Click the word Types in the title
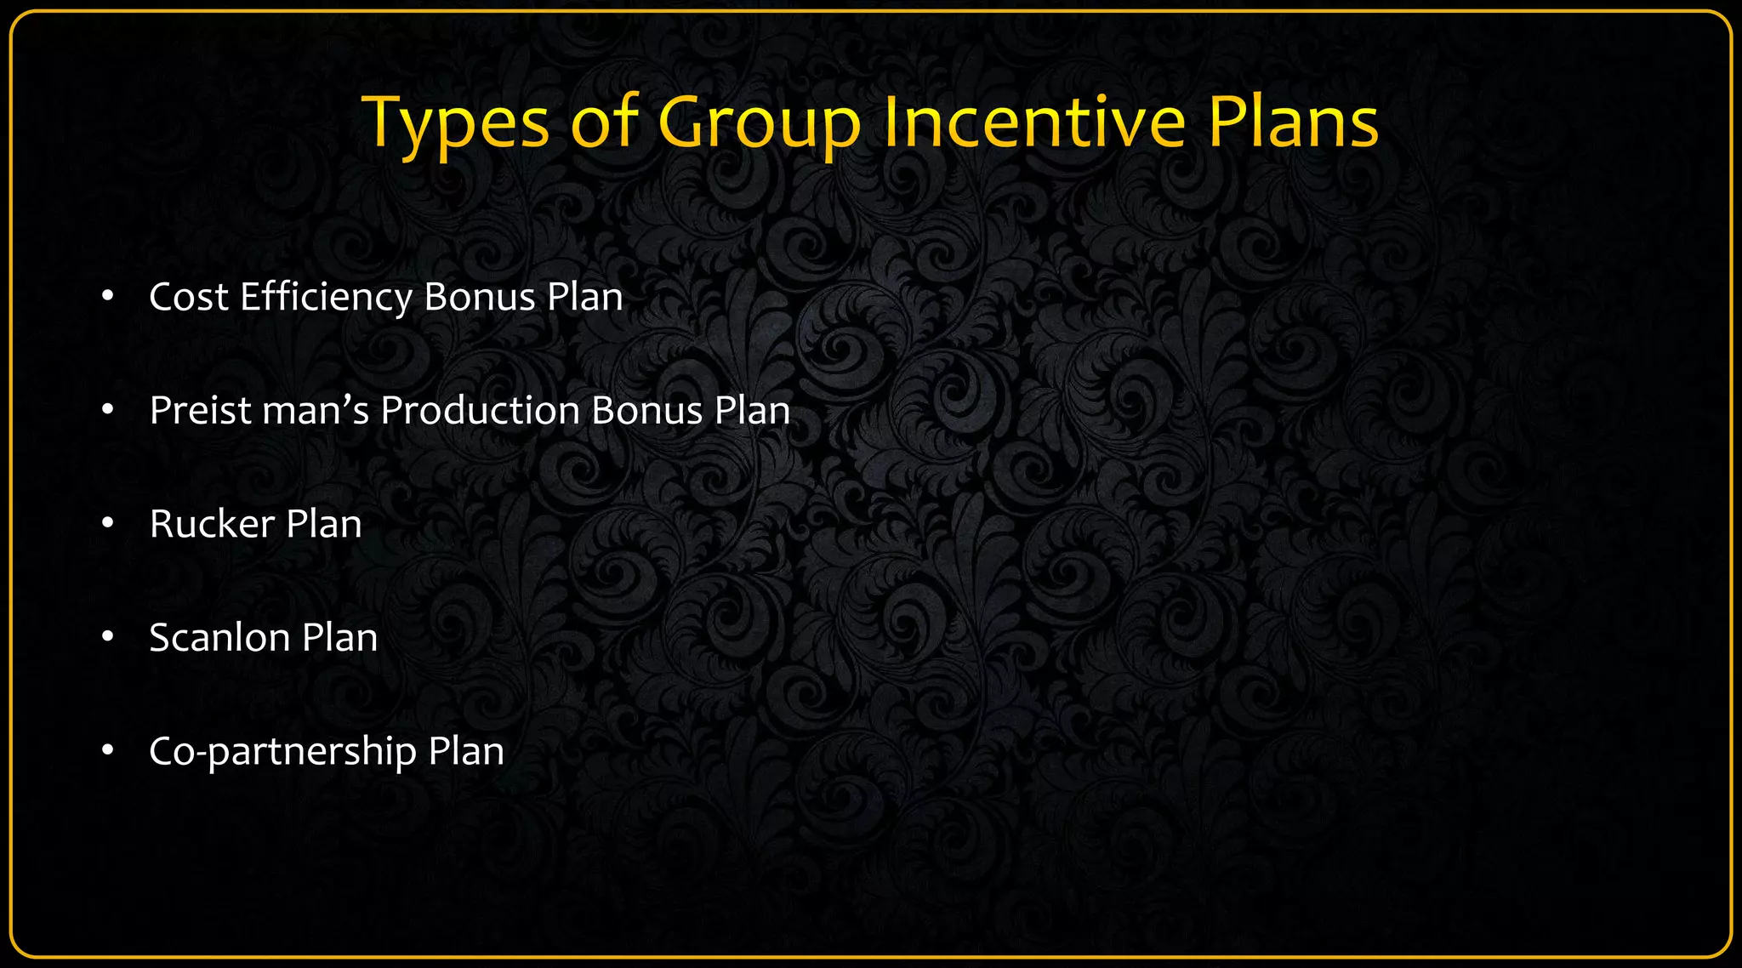tap(456, 124)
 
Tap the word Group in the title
tap(760, 124)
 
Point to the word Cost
tap(189, 297)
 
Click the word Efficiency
tap(327, 297)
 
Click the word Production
tap(480, 410)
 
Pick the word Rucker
tap(212, 524)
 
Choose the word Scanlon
tap(219, 637)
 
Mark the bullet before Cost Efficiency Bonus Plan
tap(107, 297)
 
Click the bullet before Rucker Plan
tap(107, 524)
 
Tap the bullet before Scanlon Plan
tap(107, 637)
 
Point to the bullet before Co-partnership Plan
tap(107, 751)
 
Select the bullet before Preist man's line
tap(107, 410)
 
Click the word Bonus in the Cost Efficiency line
tap(479, 297)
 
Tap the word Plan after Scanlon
tap(339, 637)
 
